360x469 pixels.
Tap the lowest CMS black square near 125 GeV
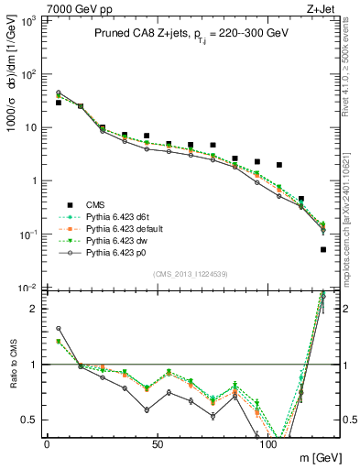[x=323, y=249]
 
